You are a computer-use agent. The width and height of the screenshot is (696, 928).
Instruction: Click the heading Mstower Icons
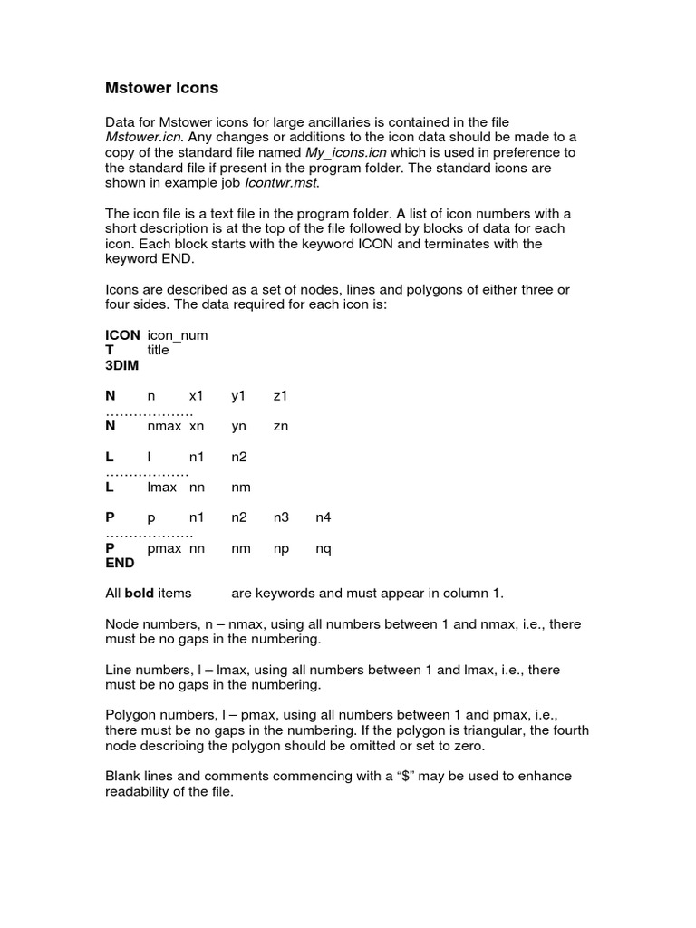tap(162, 88)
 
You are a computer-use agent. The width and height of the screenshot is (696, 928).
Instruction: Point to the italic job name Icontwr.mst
tap(282, 183)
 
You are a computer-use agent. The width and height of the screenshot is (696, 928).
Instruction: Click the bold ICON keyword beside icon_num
tap(122, 334)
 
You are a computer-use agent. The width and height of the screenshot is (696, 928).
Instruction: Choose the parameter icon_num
tap(178, 334)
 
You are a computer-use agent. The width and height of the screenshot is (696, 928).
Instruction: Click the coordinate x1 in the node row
tap(197, 396)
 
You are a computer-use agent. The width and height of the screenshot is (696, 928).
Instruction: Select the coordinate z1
tap(281, 396)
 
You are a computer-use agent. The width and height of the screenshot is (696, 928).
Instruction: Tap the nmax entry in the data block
tap(164, 426)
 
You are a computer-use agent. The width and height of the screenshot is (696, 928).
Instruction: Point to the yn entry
tap(239, 426)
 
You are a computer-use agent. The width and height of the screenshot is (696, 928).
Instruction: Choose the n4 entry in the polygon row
tap(324, 517)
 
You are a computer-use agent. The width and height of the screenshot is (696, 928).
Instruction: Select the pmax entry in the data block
tap(165, 547)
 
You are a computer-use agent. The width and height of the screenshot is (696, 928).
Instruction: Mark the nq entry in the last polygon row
tap(324, 547)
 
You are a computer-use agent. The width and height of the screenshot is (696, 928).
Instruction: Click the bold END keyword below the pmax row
tap(120, 563)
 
